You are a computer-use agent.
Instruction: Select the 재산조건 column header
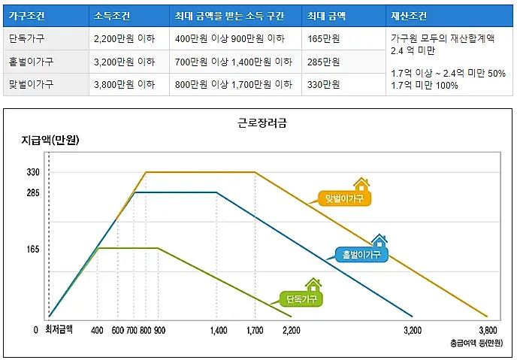[x=409, y=15]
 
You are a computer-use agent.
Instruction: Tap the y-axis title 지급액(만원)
[x=50, y=140]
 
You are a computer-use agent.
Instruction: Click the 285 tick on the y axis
[x=33, y=192]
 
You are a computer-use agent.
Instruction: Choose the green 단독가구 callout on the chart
[x=301, y=298]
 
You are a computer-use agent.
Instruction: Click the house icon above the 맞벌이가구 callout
[x=361, y=184]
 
